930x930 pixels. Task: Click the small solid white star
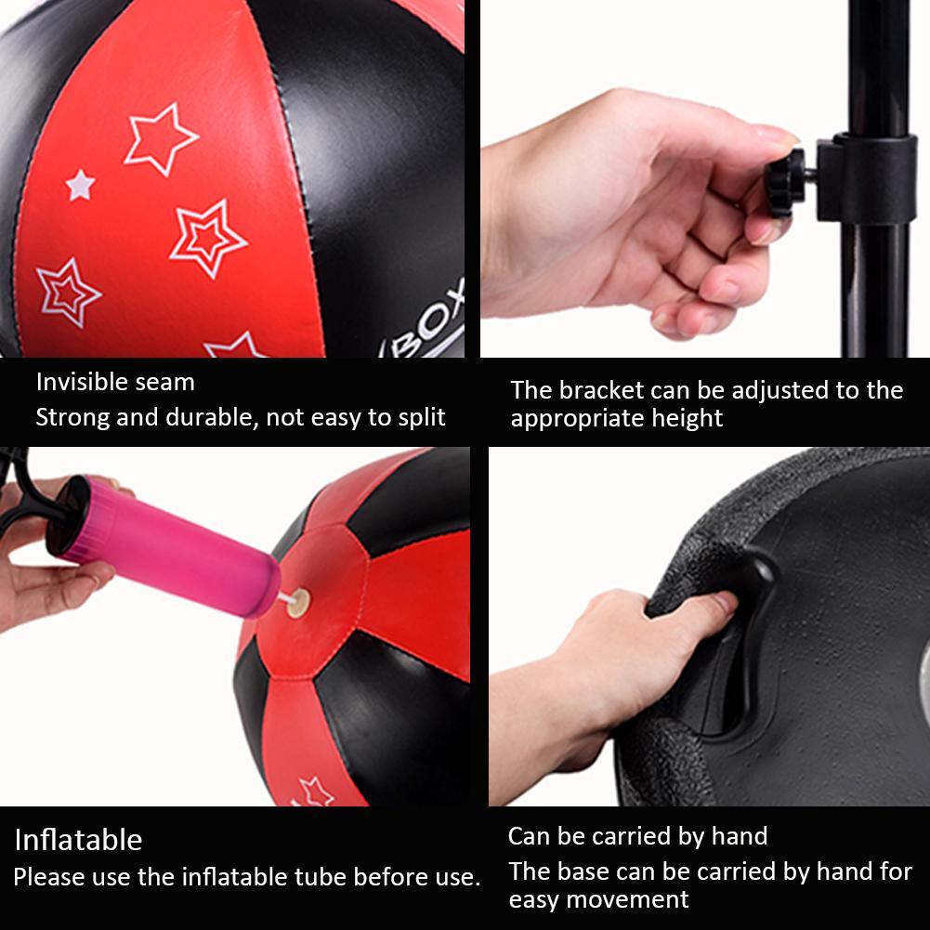click(81, 184)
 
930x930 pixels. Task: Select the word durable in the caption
click(208, 417)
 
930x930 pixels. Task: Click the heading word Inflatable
click(78, 840)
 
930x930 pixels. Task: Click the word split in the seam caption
click(420, 417)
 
